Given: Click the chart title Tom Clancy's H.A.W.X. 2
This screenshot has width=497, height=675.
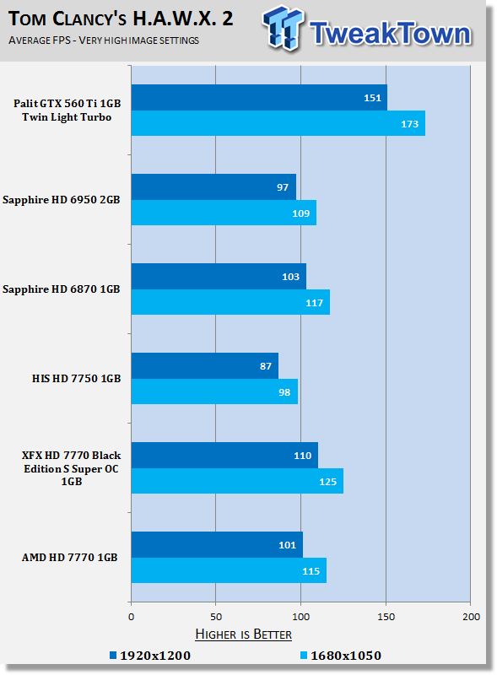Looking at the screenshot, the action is click(121, 19).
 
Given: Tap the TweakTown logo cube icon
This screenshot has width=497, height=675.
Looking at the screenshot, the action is click(283, 28).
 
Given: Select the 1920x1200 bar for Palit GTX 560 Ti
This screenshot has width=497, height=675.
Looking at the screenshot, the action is click(259, 98).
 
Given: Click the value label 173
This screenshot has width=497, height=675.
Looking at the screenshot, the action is click(409, 124).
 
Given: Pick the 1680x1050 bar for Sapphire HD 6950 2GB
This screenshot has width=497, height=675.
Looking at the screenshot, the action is click(224, 213).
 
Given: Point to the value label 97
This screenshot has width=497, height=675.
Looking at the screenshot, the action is click(283, 187).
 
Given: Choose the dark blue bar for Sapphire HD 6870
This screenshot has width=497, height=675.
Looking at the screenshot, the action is click(219, 277).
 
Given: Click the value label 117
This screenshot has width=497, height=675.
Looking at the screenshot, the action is click(315, 303).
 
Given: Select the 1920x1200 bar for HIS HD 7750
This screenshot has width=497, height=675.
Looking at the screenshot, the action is click(205, 366).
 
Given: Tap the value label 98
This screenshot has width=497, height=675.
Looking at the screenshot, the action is click(284, 392).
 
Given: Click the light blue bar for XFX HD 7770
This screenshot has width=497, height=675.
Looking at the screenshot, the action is click(237, 481).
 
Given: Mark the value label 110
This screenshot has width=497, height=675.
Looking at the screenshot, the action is click(302, 456).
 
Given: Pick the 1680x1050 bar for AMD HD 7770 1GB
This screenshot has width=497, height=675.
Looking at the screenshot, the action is click(229, 570).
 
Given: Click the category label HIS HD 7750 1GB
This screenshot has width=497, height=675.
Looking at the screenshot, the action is click(76, 378).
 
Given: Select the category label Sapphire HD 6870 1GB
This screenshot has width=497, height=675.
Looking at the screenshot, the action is click(61, 289).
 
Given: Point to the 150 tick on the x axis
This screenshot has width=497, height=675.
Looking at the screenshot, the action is click(386, 617).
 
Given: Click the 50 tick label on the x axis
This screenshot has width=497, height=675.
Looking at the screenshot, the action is click(216, 617).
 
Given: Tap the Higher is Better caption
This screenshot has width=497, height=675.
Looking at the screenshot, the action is click(243, 634).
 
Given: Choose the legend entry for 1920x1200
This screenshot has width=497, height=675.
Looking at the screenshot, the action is click(150, 656).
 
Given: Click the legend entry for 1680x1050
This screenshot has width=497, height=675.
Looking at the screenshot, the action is click(341, 656).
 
